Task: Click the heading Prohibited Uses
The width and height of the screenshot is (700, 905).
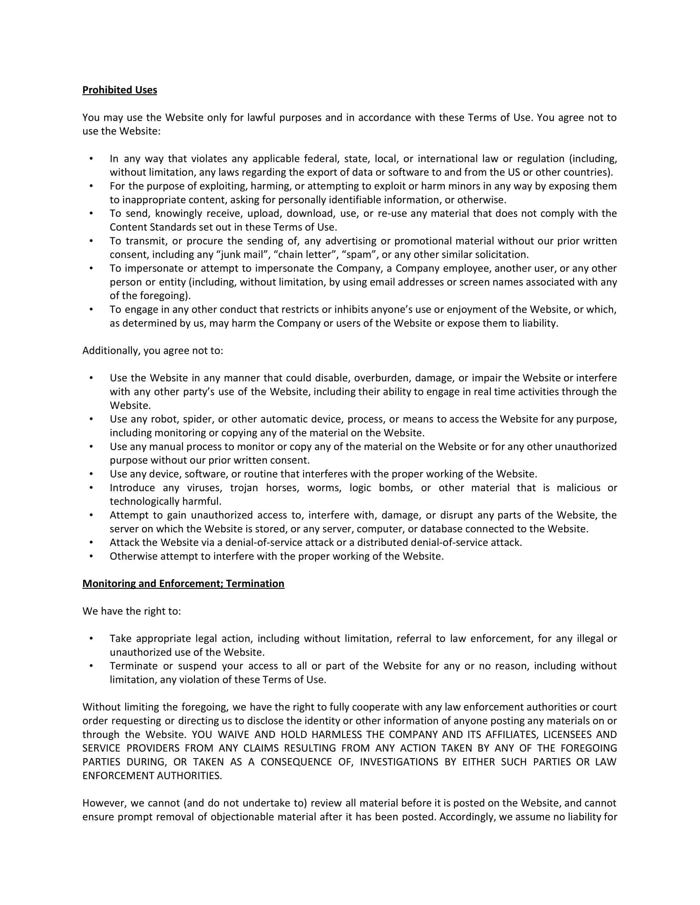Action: click(x=119, y=90)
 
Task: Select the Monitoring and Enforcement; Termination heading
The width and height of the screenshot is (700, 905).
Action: click(x=183, y=583)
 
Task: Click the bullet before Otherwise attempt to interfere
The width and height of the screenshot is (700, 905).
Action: click(x=91, y=556)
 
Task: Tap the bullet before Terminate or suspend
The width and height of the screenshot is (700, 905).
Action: click(x=91, y=666)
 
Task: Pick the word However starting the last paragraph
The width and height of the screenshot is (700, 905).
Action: click(x=104, y=803)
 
